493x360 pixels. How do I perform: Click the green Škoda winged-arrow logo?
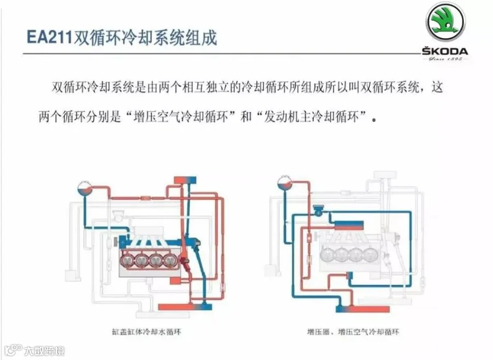click(445, 24)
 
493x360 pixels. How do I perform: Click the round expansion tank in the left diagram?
click(84, 188)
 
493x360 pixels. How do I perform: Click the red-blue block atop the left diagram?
click(185, 180)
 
